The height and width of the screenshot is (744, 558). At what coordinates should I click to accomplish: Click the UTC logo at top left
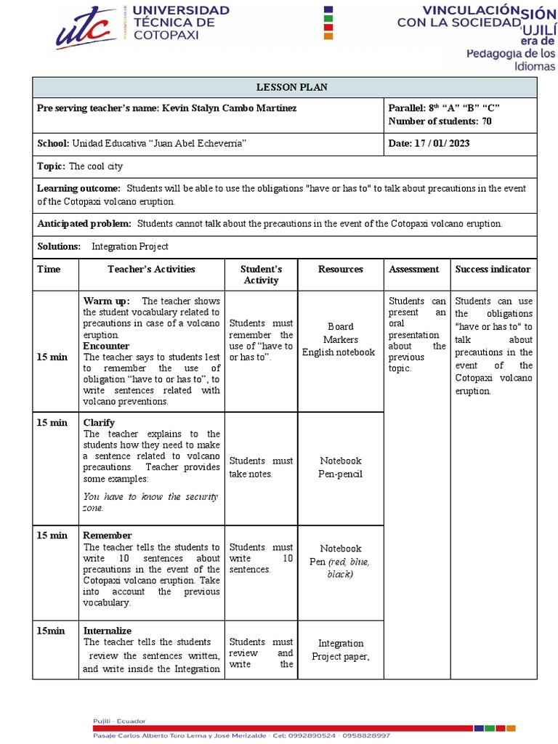tap(85, 30)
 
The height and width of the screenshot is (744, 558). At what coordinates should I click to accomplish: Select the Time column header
tap(49, 269)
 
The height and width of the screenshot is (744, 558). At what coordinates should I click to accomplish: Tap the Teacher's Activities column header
tap(151, 269)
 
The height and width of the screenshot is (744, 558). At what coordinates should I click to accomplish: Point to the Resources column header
tap(340, 269)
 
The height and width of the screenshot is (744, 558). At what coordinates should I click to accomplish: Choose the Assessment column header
tap(413, 269)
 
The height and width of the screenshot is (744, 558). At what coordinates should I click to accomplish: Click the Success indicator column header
tap(493, 269)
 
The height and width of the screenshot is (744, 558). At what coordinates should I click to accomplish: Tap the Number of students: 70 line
tap(440, 121)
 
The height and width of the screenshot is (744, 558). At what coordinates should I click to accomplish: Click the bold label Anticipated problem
tap(84, 223)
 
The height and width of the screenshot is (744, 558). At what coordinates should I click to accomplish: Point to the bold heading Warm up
tap(107, 301)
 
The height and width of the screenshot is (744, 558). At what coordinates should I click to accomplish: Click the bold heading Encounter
tap(106, 346)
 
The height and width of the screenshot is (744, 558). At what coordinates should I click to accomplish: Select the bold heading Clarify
tap(99, 422)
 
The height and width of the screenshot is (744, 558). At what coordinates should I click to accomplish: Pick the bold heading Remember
tap(108, 535)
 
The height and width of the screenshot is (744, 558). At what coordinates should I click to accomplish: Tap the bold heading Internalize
tap(108, 631)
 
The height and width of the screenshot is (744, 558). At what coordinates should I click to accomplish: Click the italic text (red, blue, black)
tap(340, 567)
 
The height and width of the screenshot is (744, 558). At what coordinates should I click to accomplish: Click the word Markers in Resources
tap(340, 339)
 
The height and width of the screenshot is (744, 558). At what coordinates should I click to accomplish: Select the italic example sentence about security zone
tap(151, 502)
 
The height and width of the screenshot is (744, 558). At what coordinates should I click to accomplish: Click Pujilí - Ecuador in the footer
tap(119, 721)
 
